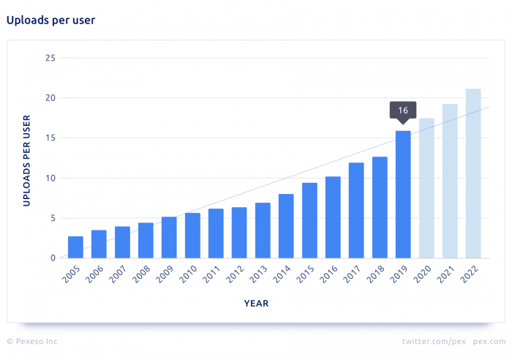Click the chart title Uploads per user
(51, 20)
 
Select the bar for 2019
(403, 195)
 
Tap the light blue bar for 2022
(473, 173)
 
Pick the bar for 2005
(75, 247)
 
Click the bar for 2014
(286, 226)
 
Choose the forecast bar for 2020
(426, 188)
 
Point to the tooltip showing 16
(403, 110)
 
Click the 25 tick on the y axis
(50, 58)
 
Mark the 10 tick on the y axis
(50, 178)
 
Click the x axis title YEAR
(256, 303)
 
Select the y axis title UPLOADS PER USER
(26, 160)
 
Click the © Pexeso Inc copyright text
(32, 342)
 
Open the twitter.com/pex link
(433, 342)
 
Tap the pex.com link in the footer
(489, 342)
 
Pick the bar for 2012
(239, 233)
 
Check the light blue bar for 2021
(450, 181)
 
